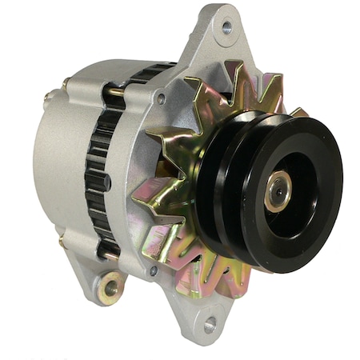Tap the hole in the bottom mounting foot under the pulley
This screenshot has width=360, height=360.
tap(210, 324)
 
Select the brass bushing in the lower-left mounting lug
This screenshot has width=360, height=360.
tap(110, 287)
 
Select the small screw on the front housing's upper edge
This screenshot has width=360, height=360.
tap(162, 98)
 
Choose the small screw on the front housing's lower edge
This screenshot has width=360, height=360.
tap(152, 270)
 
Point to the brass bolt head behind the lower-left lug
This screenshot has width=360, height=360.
tap(62, 238)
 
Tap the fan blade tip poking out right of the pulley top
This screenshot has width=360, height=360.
tap(298, 112)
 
